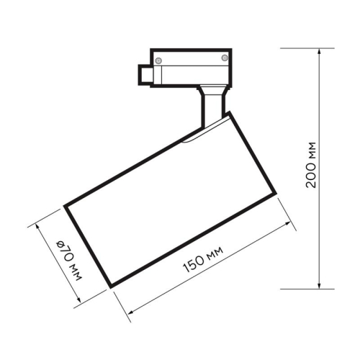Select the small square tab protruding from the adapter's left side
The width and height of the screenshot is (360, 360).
pos(145,73)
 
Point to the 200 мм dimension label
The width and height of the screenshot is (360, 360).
pos(311,166)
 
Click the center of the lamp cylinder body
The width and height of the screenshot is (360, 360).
pos(170,200)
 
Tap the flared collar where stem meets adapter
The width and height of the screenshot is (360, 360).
pos(213,89)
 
